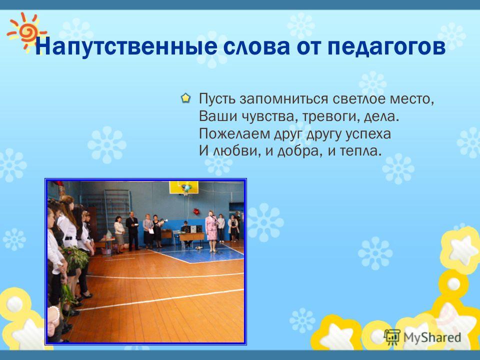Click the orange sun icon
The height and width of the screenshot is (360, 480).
tap(26, 31)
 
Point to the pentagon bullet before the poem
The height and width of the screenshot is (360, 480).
tap(185, 98)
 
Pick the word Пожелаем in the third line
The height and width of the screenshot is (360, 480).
tap(234, 134)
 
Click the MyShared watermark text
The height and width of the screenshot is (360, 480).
tap(432, 337)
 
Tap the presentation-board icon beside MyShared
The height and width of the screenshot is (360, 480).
tap(392, 337)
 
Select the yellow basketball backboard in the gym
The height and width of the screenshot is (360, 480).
tap(183, 187)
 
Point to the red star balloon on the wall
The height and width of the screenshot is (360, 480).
tap(196, 211)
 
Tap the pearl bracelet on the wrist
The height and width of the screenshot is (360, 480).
tap(55, 313)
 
